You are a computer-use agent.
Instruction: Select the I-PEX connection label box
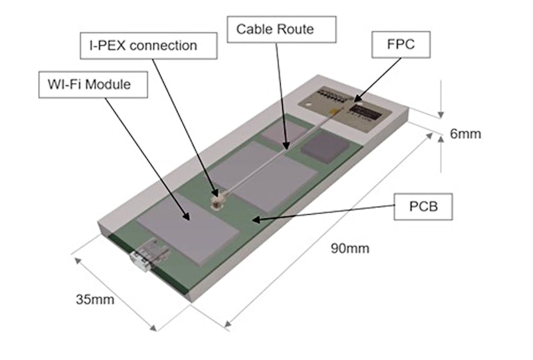point(148,45)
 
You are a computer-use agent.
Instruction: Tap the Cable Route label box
point(275,29)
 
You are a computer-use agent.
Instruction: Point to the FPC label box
point(401,44)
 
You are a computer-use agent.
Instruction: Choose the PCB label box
point(423,207)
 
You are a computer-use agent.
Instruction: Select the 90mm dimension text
point(350,248)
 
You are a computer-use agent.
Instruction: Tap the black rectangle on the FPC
point(366,111)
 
